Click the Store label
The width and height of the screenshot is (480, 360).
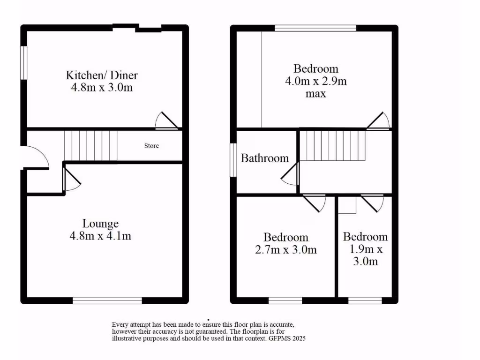[151, 146]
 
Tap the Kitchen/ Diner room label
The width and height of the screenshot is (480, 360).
[102, 75]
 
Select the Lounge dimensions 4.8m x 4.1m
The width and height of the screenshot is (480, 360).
[100, 236]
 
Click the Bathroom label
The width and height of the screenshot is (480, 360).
[265, 158]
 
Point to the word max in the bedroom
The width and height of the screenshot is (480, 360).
[315, 94]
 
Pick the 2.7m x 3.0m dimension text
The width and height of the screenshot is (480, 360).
[285, 250]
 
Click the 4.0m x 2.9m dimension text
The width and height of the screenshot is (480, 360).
[316, 81]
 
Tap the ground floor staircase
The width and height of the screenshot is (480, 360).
[90, 145]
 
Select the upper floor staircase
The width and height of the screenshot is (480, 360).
[332, 146]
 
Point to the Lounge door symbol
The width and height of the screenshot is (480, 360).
[71, 180]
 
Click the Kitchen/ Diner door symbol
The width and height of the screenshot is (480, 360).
[166, 120]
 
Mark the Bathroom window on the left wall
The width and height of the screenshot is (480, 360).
[232, 160]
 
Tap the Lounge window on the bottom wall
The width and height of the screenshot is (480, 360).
[107, 300]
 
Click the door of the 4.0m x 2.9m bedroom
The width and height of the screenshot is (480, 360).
[379, 120]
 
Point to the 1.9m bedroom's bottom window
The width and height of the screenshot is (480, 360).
[365, 300]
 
